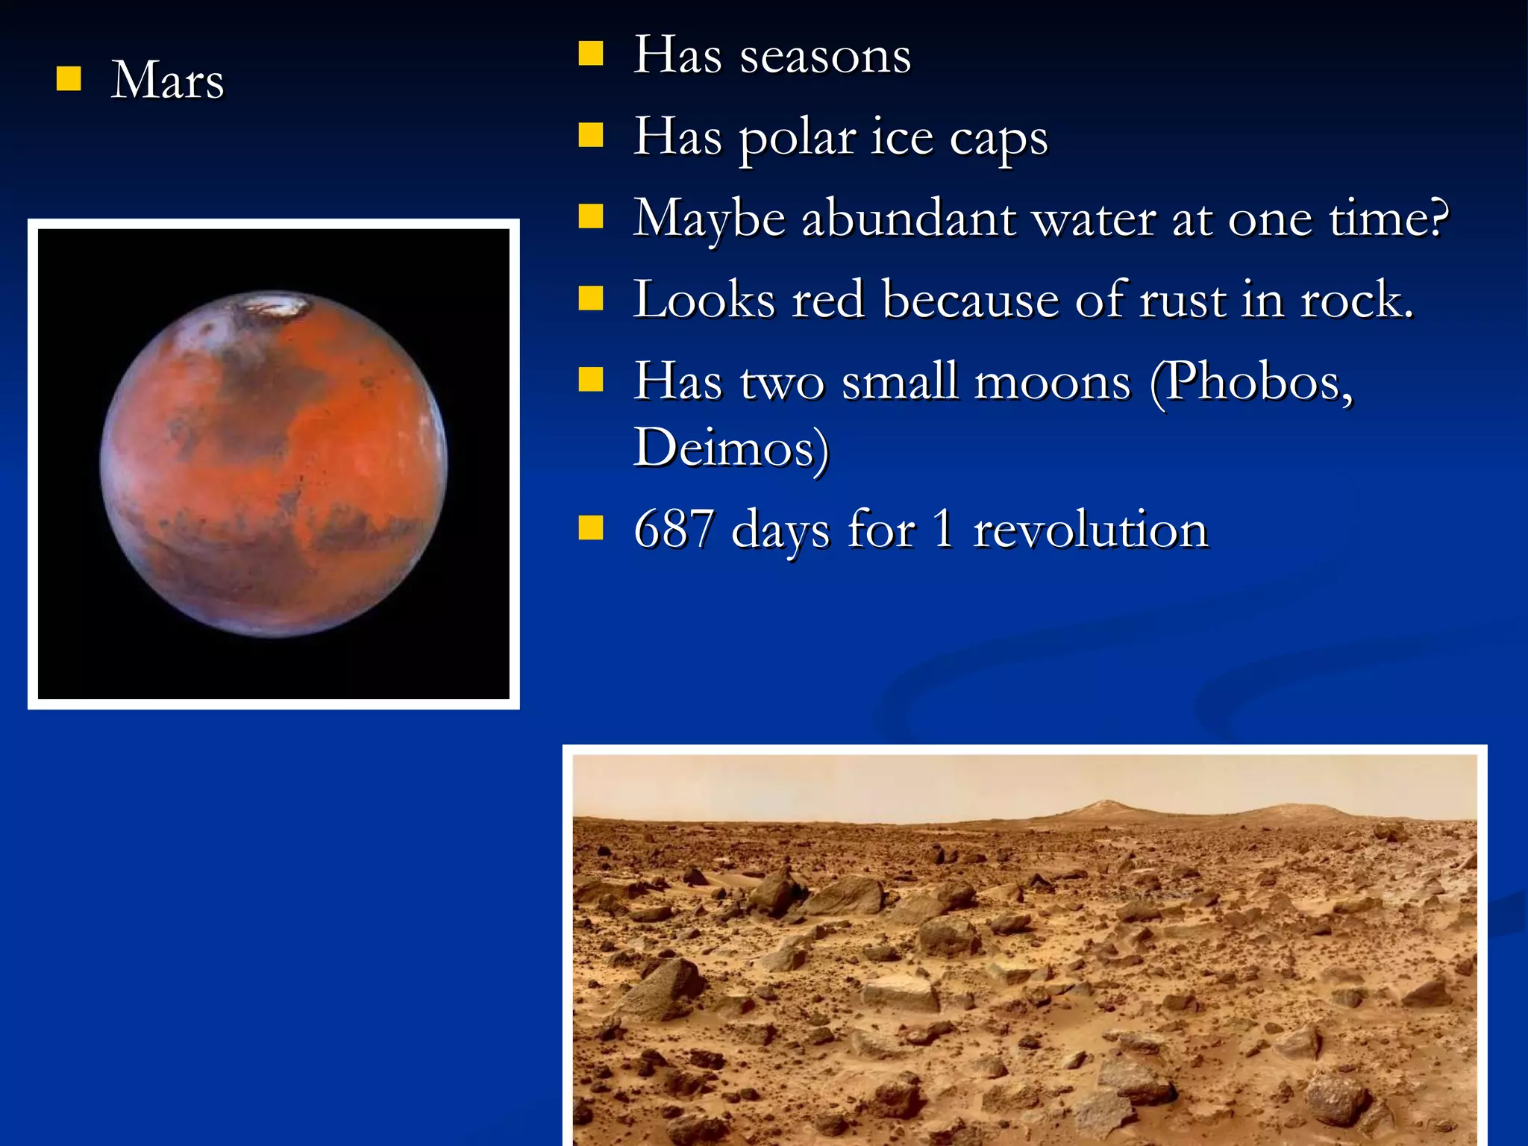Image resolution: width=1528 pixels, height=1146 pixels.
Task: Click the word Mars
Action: pos(168,80)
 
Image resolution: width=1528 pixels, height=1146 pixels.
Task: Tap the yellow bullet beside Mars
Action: pos(69,78)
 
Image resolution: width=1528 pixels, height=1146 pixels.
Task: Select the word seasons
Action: pos(825,56)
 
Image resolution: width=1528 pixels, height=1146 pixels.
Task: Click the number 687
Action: pos(674,529)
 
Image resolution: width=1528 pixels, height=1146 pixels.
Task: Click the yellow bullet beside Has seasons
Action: pos(591,54)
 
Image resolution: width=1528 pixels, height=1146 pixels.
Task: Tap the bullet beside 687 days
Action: pos(591,527)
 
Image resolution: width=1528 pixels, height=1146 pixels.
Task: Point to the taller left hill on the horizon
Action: pos(1103,807)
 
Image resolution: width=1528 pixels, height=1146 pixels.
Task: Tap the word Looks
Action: pos(704,300)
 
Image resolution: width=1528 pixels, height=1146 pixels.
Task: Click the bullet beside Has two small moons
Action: pos(591,379)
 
